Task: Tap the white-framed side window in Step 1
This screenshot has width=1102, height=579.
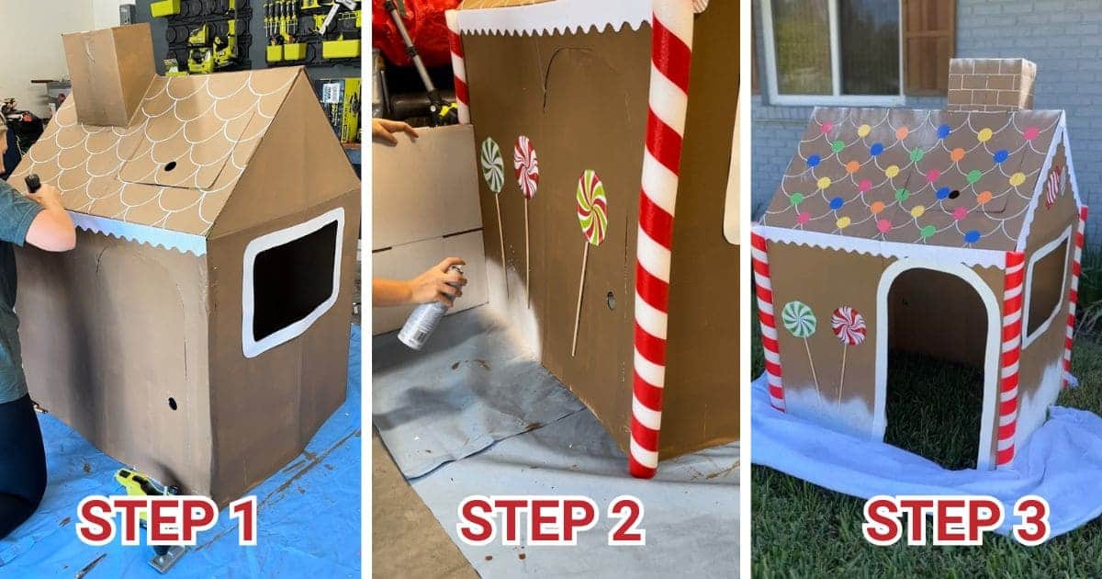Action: pyautogui.click(x=292, y=281)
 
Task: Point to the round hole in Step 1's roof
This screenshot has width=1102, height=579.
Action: pyautogui.click(x=170, y=167)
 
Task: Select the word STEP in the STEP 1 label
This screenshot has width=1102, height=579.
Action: pyautogui.click(x=133, y=520)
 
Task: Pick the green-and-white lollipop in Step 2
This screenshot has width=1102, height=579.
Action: pyautogui.click(x=492, y=165)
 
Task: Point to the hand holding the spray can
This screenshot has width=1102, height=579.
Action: pyautogui.click(x=432, y=281)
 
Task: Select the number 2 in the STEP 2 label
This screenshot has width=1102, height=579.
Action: pyautogui.click(x=624, y=521)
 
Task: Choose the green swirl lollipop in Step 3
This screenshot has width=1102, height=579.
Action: pyautogui.click(x=799, y=319)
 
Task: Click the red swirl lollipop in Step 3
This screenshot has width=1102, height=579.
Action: pyautogui.click(x=848, y=325)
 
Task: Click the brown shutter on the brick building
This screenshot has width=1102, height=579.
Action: pyautogui.click(x=928, y=46)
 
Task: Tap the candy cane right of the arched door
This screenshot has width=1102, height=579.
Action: pyautogui.click(x=1010, y=358)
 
